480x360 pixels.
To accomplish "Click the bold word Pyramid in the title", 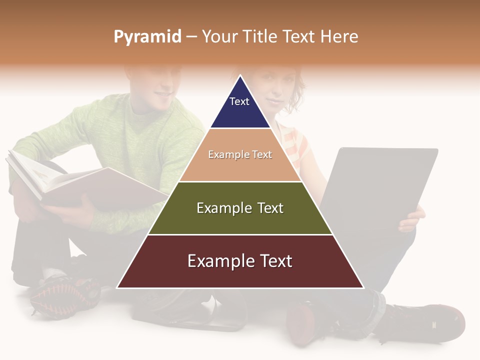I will pos(147,37).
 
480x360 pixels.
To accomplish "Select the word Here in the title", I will pos(339,36).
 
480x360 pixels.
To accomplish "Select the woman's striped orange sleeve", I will pos(295,145).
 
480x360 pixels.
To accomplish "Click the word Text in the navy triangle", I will pos(239,101).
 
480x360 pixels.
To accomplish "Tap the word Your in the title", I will pos(218,36).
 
